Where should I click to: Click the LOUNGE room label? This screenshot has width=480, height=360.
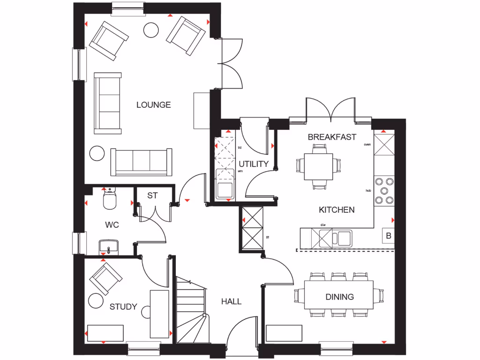click(153, 105)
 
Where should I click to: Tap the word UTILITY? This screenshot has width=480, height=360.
click(254, 164)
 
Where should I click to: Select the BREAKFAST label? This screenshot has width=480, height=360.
click(332, 137)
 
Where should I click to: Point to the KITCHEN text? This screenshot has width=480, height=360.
click(337, 210)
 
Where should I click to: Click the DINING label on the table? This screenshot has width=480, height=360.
click(339, 297)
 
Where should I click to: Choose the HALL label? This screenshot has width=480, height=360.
click(231, 301)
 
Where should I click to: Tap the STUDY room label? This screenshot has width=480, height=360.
click(123, 307)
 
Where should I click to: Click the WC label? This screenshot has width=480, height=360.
click(112, 225)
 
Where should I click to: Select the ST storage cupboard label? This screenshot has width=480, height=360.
click(152, 195)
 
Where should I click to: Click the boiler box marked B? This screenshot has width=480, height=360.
click(388, 236)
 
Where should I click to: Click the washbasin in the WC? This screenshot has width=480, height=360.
click(109, 246)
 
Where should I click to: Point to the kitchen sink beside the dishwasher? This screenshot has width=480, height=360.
click(343, 238)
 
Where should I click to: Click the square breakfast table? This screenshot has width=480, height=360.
click(319, 166)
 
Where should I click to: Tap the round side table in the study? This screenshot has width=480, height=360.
click(97, 300)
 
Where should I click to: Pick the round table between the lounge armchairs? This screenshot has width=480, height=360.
click(151, 30)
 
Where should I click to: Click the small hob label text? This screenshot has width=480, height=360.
click(368, 191)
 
